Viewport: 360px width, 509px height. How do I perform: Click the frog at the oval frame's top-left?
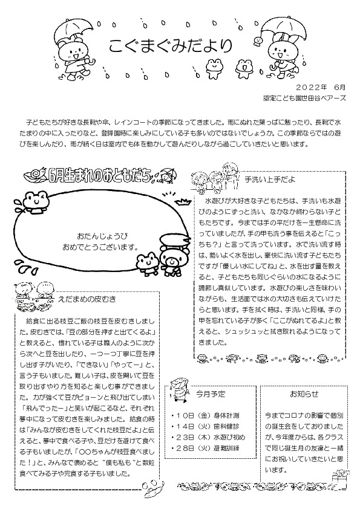pos(37,200)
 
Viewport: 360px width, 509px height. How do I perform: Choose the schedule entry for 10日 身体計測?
pos(200,416)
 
